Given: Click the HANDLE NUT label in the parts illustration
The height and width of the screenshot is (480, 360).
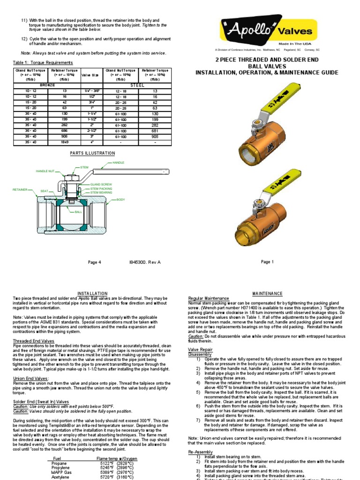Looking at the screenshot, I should coord(46,171).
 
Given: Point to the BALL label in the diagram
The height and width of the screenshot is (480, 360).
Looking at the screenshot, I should coord(79,212).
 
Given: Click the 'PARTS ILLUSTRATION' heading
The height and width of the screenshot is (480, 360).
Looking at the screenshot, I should coord(92,153).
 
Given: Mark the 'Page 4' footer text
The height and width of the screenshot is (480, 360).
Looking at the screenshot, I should coord(94,262).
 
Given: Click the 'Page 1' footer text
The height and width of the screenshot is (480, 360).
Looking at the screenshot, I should coord(267,262).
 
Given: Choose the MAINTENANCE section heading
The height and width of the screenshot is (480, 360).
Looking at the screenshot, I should coord(267,293).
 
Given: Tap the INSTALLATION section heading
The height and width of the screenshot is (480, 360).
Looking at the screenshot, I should coord(92,293).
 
